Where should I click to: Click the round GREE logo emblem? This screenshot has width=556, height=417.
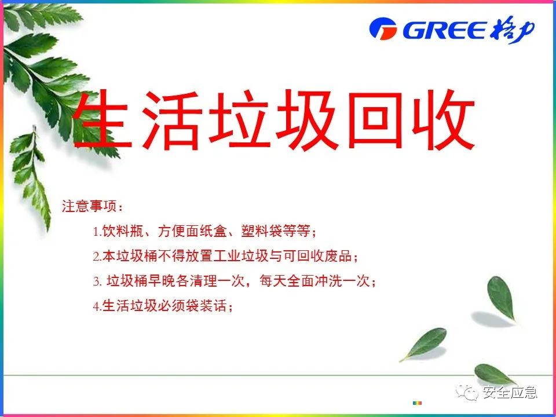pyautogui.click(x=383, y=29)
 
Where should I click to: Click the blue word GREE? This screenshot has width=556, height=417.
pyautogui.click(x=445, y=30)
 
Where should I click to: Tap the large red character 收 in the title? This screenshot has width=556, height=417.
pyautogui.click(x=442, y=120)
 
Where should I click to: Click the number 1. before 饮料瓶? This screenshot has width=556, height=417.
pyautogui.click(x=97, y=232)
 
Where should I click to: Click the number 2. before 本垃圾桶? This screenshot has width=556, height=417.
pyautogui.click(x=97, y=257)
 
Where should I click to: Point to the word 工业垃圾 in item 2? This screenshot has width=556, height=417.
pyautogui.click(x=241, y=256)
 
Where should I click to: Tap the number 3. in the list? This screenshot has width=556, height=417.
pyautogui.click(x=97, y=282)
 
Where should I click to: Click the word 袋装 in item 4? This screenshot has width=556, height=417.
pyautogui.click(x=199, y=306)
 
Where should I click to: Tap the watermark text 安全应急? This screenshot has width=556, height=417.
pyautogui.click(x=510, y=392)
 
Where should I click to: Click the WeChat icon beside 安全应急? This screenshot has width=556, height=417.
pyautogui.click(x=467, y=393)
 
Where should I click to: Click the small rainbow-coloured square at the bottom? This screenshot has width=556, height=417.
pyautogui.click(x=418, y=403)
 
